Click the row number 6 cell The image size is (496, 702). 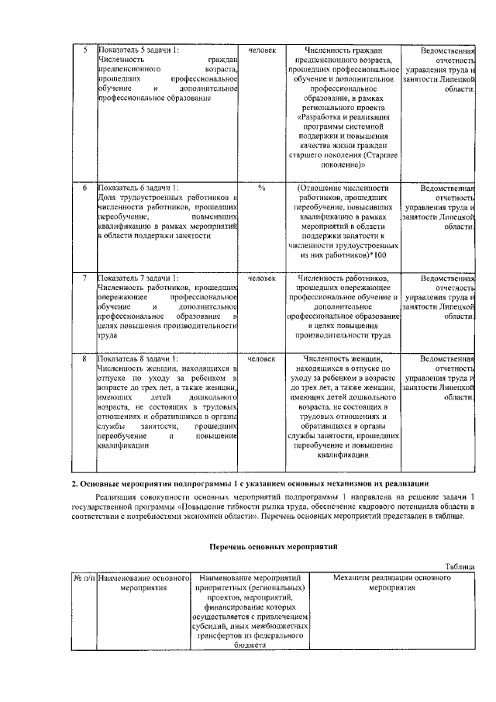[x=84, y=188]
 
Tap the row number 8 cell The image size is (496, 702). [x=84, y=358]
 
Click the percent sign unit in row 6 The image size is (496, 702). [x=262, y=188]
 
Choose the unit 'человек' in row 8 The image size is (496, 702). [x=262, y=358]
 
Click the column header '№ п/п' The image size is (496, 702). [x=83, y=579]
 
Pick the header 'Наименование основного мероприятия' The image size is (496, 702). [x=144, y=583]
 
